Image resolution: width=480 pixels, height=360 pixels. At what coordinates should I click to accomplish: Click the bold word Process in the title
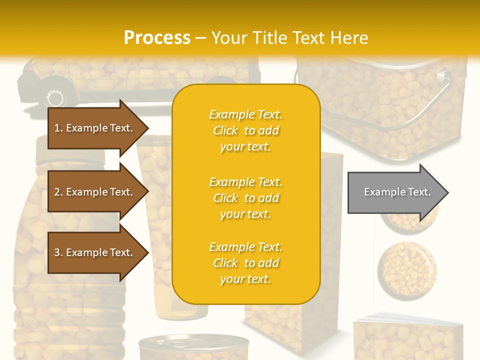[157, 37]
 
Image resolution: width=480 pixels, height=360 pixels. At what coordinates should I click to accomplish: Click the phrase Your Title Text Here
[289, 37]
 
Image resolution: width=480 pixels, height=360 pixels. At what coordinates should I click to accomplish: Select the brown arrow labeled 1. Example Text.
[95, 128]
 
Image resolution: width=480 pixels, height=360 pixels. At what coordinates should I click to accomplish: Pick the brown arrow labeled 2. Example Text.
[95, 192]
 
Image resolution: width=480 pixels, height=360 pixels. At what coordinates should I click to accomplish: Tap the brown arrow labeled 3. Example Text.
[95, 252]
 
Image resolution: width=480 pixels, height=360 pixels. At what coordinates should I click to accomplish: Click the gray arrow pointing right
[395, 192]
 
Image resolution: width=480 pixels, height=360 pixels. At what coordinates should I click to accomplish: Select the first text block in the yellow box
[245, 130]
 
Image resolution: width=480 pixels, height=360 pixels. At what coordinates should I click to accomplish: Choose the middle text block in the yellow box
[245, 198]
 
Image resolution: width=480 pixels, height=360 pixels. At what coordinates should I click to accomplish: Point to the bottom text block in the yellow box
[245, 263]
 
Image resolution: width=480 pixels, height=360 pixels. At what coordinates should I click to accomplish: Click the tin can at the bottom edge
[193, 348]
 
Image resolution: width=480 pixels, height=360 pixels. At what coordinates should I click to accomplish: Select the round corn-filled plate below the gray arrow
[406, 270]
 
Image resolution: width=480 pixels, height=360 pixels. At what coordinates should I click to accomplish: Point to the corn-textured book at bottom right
[407, 337]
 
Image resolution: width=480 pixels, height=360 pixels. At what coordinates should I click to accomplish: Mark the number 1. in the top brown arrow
[58, 128]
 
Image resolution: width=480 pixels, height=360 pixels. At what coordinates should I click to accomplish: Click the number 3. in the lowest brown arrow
[58, 252]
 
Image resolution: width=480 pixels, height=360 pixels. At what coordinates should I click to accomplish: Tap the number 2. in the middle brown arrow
[58, 192]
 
